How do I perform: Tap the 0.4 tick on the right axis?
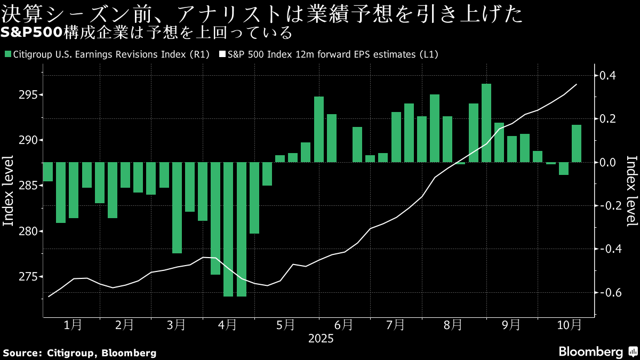[x=608, y=75]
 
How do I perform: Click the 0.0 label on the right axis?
[x=608, y=162]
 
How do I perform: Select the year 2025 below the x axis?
[x=321, y=339]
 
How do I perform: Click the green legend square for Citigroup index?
[x=7, y=54]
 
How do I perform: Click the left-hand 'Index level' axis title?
[x=9, y=191]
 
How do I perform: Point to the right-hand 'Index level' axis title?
[x=631, y=191]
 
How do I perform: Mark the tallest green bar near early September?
[x=486, y=123]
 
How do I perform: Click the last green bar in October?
[x=577, y=143]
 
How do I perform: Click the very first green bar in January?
[x=47, y=172]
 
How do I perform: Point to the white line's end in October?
[x=577, y=84]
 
